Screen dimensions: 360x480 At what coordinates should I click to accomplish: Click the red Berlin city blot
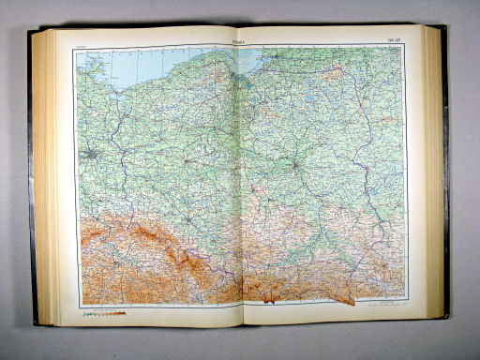point(91,154)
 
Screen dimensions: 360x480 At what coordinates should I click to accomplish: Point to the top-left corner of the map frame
point(76,47)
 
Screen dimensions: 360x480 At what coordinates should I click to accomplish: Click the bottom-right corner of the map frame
point(405,307)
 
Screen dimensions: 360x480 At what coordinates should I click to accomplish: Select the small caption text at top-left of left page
point(83,41)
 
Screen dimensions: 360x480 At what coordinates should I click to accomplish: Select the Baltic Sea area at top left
point(141,58)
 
